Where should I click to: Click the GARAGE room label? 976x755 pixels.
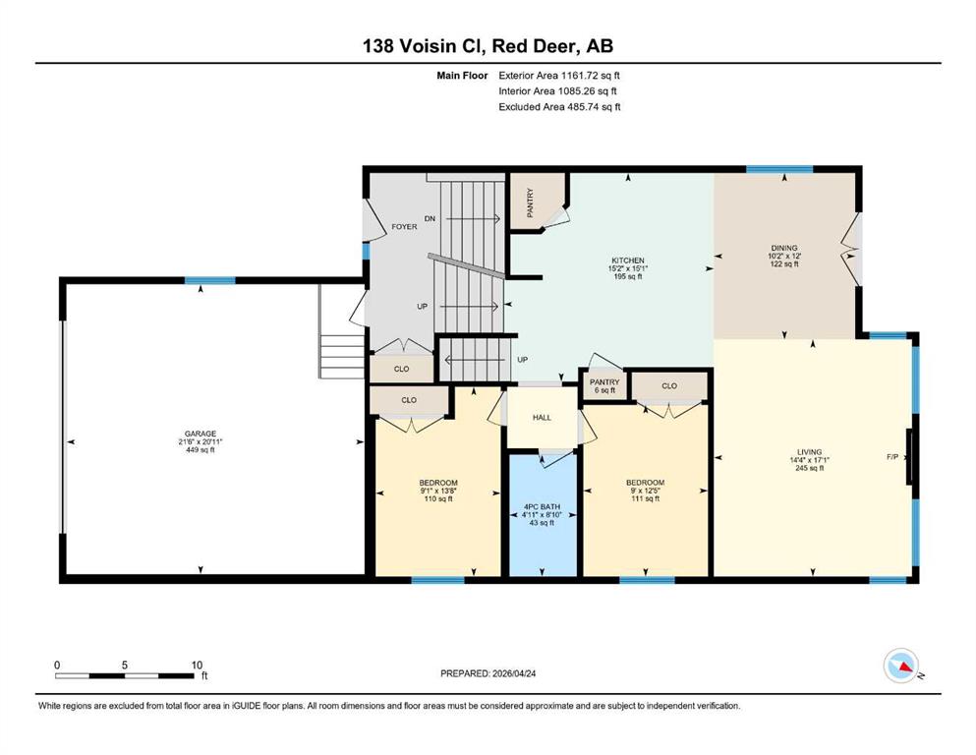coord(200,434)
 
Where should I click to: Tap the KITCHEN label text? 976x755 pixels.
coord(627,261)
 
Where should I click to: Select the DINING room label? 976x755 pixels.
coord(783,248)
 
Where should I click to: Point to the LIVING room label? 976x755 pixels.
coord(809,452)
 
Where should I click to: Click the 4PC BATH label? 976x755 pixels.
coord(542,506)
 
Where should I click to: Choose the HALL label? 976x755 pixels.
coord(542,418)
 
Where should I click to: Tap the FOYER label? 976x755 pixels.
coord(404,226)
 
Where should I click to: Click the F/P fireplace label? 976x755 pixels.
coord(892,457)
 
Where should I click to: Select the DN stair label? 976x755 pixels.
coord(430,218)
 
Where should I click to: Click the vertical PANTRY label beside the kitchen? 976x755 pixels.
coord(531,203)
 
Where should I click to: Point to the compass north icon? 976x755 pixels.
coord(901,666)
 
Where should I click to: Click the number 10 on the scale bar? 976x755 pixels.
coord(197,665)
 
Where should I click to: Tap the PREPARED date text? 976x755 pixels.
coord(488,673)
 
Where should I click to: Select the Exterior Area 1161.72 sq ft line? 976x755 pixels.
coord(559,76)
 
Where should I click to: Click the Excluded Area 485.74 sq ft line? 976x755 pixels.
coord(559,106)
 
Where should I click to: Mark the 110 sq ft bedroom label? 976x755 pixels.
coord(438,498)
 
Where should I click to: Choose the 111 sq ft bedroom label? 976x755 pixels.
coord(645,498)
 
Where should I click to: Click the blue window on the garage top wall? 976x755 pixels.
coord(209,280)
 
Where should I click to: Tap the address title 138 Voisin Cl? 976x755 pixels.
coord(426,45)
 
